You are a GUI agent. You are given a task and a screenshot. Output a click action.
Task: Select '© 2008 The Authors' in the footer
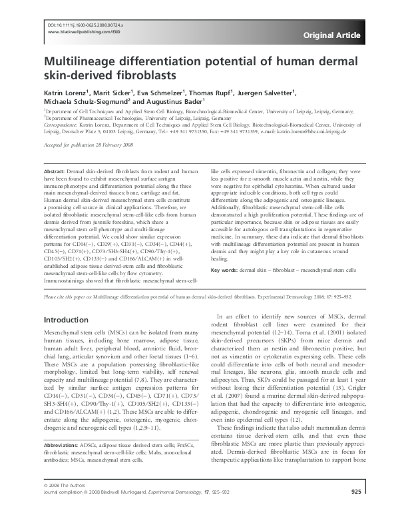click(65, 502)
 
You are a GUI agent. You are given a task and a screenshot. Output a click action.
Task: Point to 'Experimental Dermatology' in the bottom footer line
click(193, 509)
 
